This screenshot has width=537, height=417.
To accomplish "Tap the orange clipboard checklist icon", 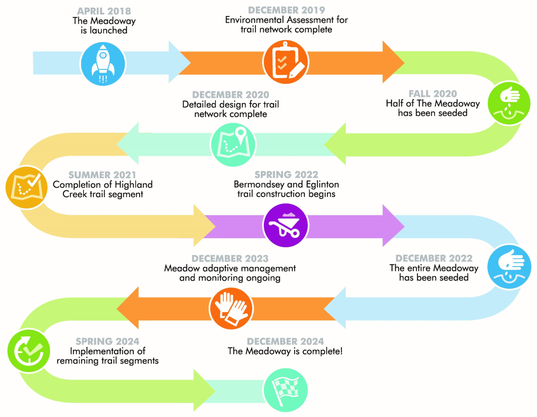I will coord(286,62).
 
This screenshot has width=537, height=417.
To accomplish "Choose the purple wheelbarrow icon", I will coord(286,226).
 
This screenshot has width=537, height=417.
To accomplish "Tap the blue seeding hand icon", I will coord(509,267).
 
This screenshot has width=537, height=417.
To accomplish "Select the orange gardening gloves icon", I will coord(231,308).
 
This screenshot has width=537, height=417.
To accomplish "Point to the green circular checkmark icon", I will coord(29,350).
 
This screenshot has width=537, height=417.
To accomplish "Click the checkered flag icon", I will coord(286,389).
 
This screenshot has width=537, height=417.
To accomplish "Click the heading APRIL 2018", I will coord(104,11).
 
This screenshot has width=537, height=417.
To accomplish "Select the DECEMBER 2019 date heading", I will coord(287,10).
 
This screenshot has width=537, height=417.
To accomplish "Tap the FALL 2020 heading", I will coord(433,94).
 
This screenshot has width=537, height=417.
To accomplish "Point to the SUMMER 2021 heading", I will coord(102,175).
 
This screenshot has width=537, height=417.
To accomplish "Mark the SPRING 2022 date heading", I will coord(287,175).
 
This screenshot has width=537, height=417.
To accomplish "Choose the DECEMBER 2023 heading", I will coord(230,258).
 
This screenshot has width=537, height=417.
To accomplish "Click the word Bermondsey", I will coord(259,185).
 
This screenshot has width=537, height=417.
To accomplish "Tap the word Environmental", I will coord(255,20).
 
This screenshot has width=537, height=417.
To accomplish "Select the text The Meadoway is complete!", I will coord(285,351).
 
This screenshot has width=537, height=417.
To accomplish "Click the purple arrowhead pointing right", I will coord(394,226).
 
